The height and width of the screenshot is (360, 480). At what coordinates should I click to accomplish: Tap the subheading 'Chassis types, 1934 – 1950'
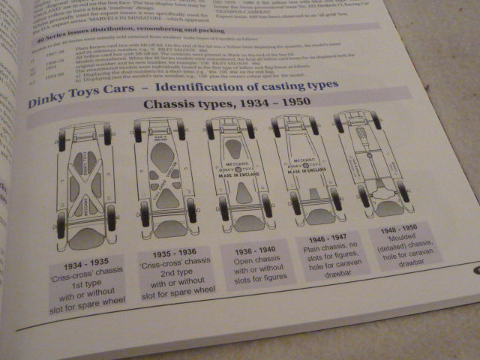[x=217, y=105]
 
